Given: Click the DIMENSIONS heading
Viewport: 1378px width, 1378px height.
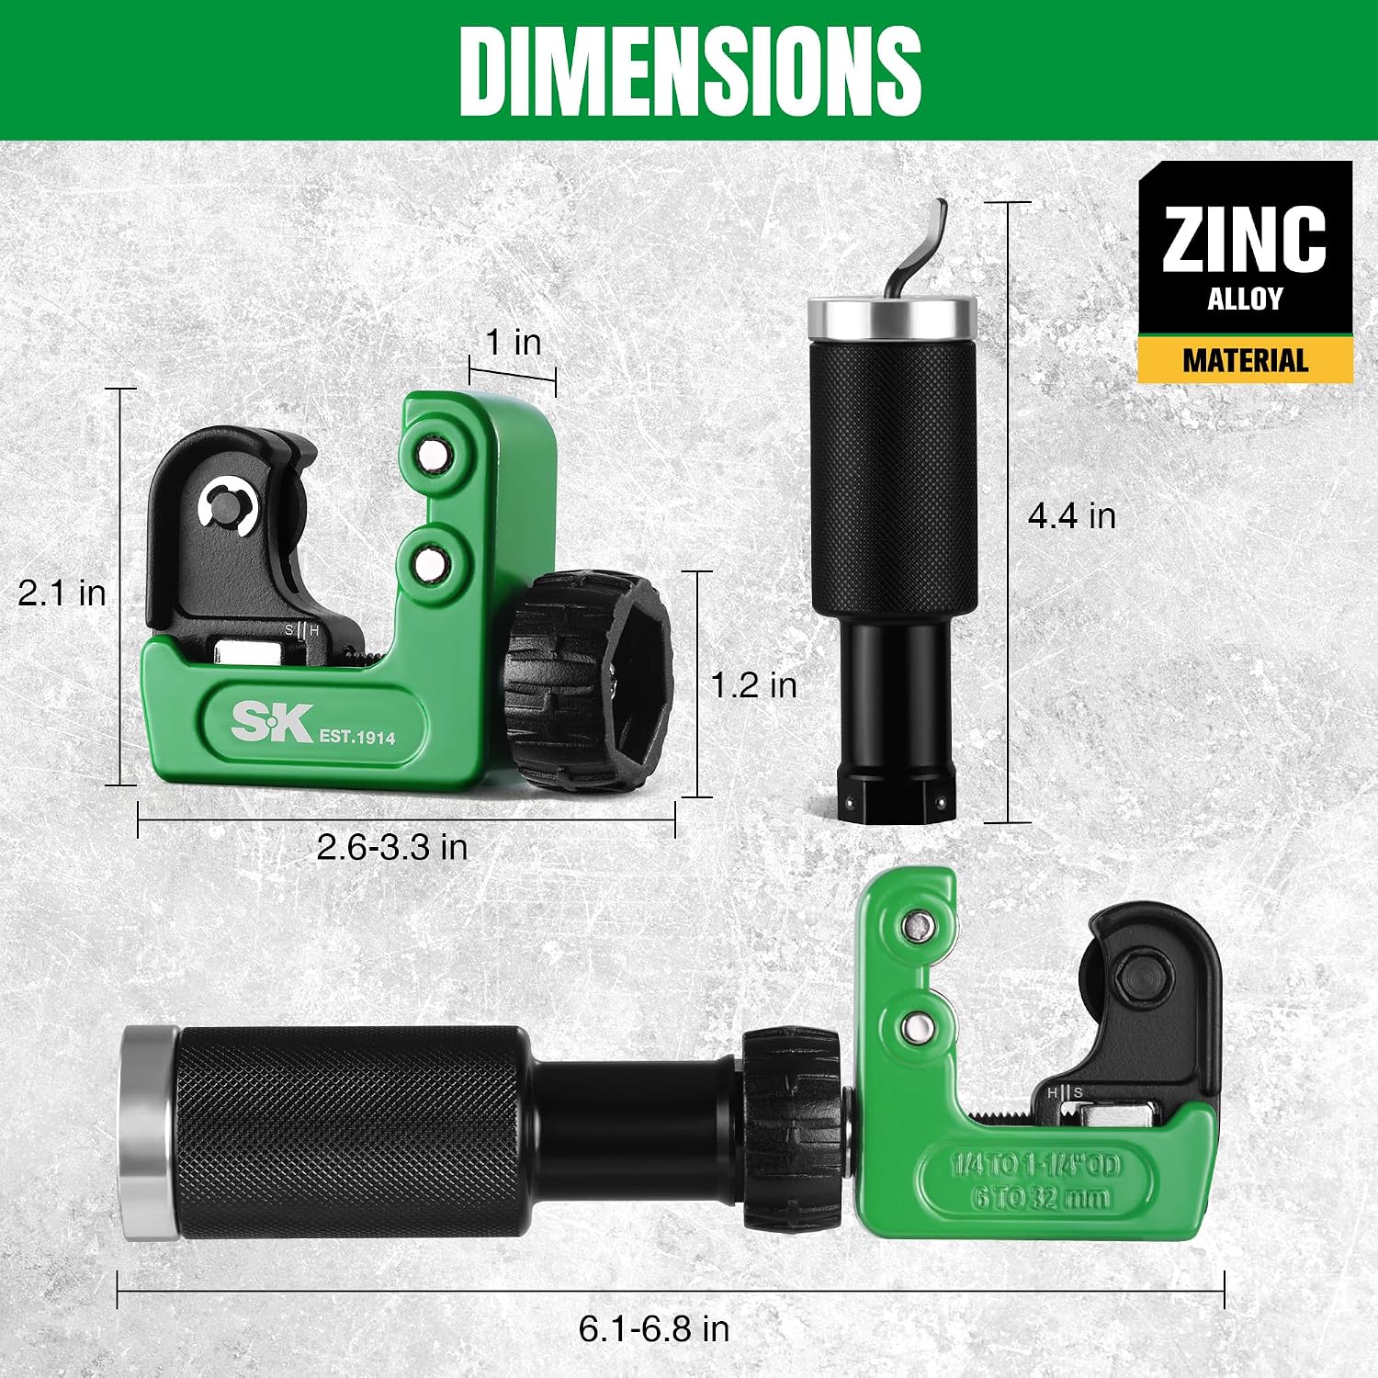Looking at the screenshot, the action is pyautogui.click(x=690, y=72).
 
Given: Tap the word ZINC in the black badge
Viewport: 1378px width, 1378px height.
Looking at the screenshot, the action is pyautogui.click(x=1245, y=239).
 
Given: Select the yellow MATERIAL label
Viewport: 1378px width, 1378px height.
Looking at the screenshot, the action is pyautogui.click(x=1245, y=360).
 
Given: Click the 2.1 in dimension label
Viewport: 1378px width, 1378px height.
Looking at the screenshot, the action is pyautogui.click(x=62, y=593).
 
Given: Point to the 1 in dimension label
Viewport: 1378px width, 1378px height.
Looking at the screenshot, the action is pyautogui.click(x=513, y=342).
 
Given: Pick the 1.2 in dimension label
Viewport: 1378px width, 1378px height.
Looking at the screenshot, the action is pyautogui.click(x=753, y=684).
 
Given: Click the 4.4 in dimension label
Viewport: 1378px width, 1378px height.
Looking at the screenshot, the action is pyautogui.click(x=1071, y=515).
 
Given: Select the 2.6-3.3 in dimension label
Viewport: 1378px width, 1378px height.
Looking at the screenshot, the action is pyautogui.click(x=392, y=846).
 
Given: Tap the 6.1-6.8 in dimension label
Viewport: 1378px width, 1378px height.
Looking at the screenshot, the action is pyautogui.click(x=654, y=1328).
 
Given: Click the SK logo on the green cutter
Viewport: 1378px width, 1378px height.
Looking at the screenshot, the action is pyautogui.click(x=272, y=722).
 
